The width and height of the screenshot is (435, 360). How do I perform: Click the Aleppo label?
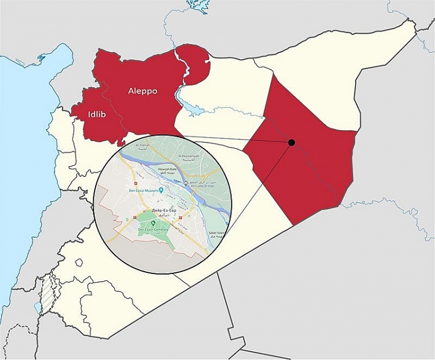[143, 92]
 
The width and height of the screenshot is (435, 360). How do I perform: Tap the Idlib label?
[97, 114]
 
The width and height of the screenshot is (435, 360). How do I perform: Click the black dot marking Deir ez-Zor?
[292, 142]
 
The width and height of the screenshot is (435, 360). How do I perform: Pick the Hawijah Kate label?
[169, 169]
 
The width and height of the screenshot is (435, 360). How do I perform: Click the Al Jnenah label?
[143, 145]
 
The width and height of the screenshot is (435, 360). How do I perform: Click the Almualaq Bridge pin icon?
[187, 183]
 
